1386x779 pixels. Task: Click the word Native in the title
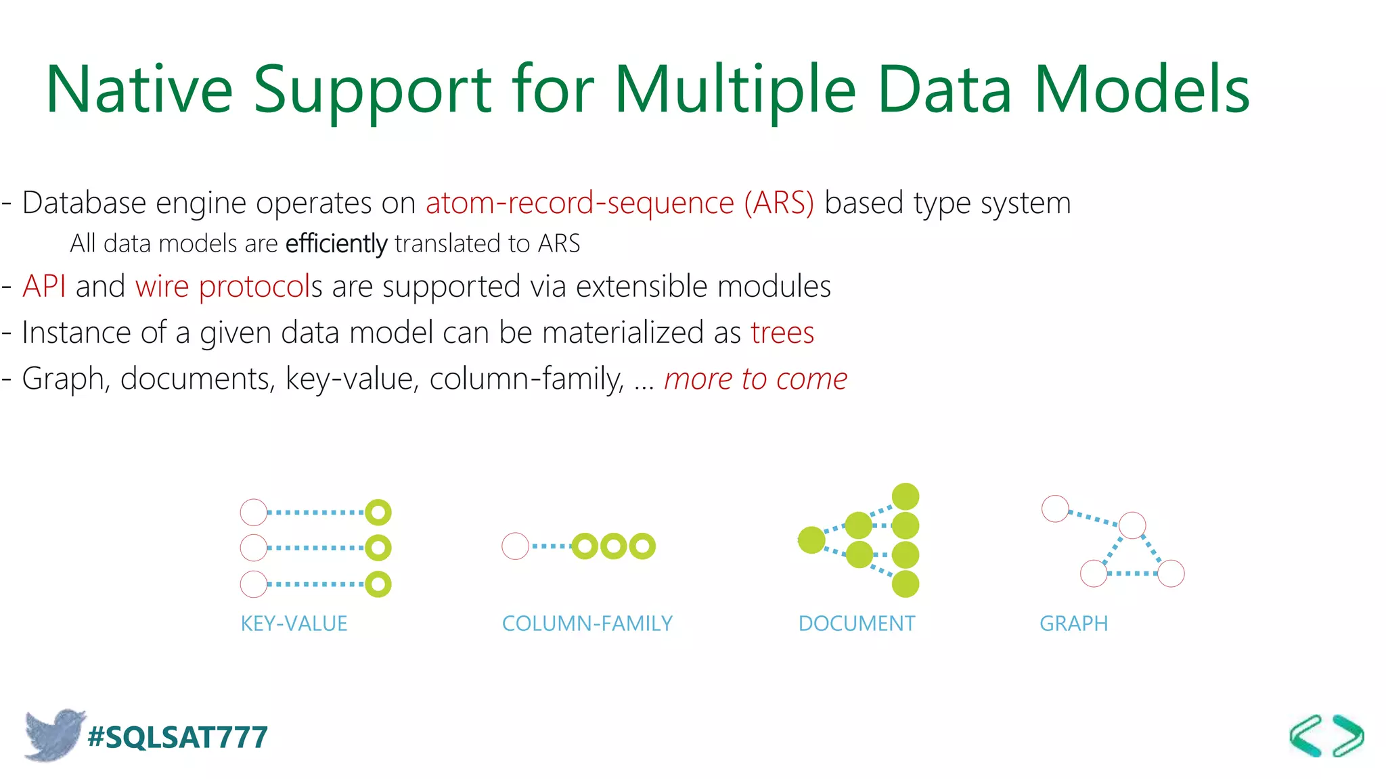pyautogui.click(x=139, y=89)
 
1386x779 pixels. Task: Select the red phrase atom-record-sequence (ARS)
pyautogui.click(x=620, y=203)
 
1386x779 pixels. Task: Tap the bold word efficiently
pyautogui.click(x=336, y=243)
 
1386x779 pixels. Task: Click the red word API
pyautogui.click(x=44, y=286)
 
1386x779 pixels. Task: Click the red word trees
pyautogui.click(x=782, y=333)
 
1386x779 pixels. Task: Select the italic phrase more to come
pyautogui.click(x=755, y=379)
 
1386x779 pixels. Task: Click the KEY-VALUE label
pyautogui.click(x=294, y=623)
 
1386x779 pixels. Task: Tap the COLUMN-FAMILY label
pyautogui.click(x=587, y=623)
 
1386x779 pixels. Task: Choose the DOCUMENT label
pyautogui.click(x=856, y=623)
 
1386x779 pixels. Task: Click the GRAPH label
pyautogui.click(x=1073, y=623)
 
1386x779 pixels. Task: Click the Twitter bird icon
pyautogui.click(x=53, y=734)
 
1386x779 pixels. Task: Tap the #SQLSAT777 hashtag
pyautogui.click(x=178, y=737)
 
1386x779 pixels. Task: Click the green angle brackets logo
pyautogui.click(x=1326, y=736)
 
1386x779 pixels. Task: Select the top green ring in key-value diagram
pyautogui.click(x=378, y=513)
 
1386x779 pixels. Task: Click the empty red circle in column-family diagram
pyautogui.click(x=515, y=546)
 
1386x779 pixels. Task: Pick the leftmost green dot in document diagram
pyautogui.click(x=811, y=540)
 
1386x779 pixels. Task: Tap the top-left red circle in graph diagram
pyautogui.click(x=1055, y=509)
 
